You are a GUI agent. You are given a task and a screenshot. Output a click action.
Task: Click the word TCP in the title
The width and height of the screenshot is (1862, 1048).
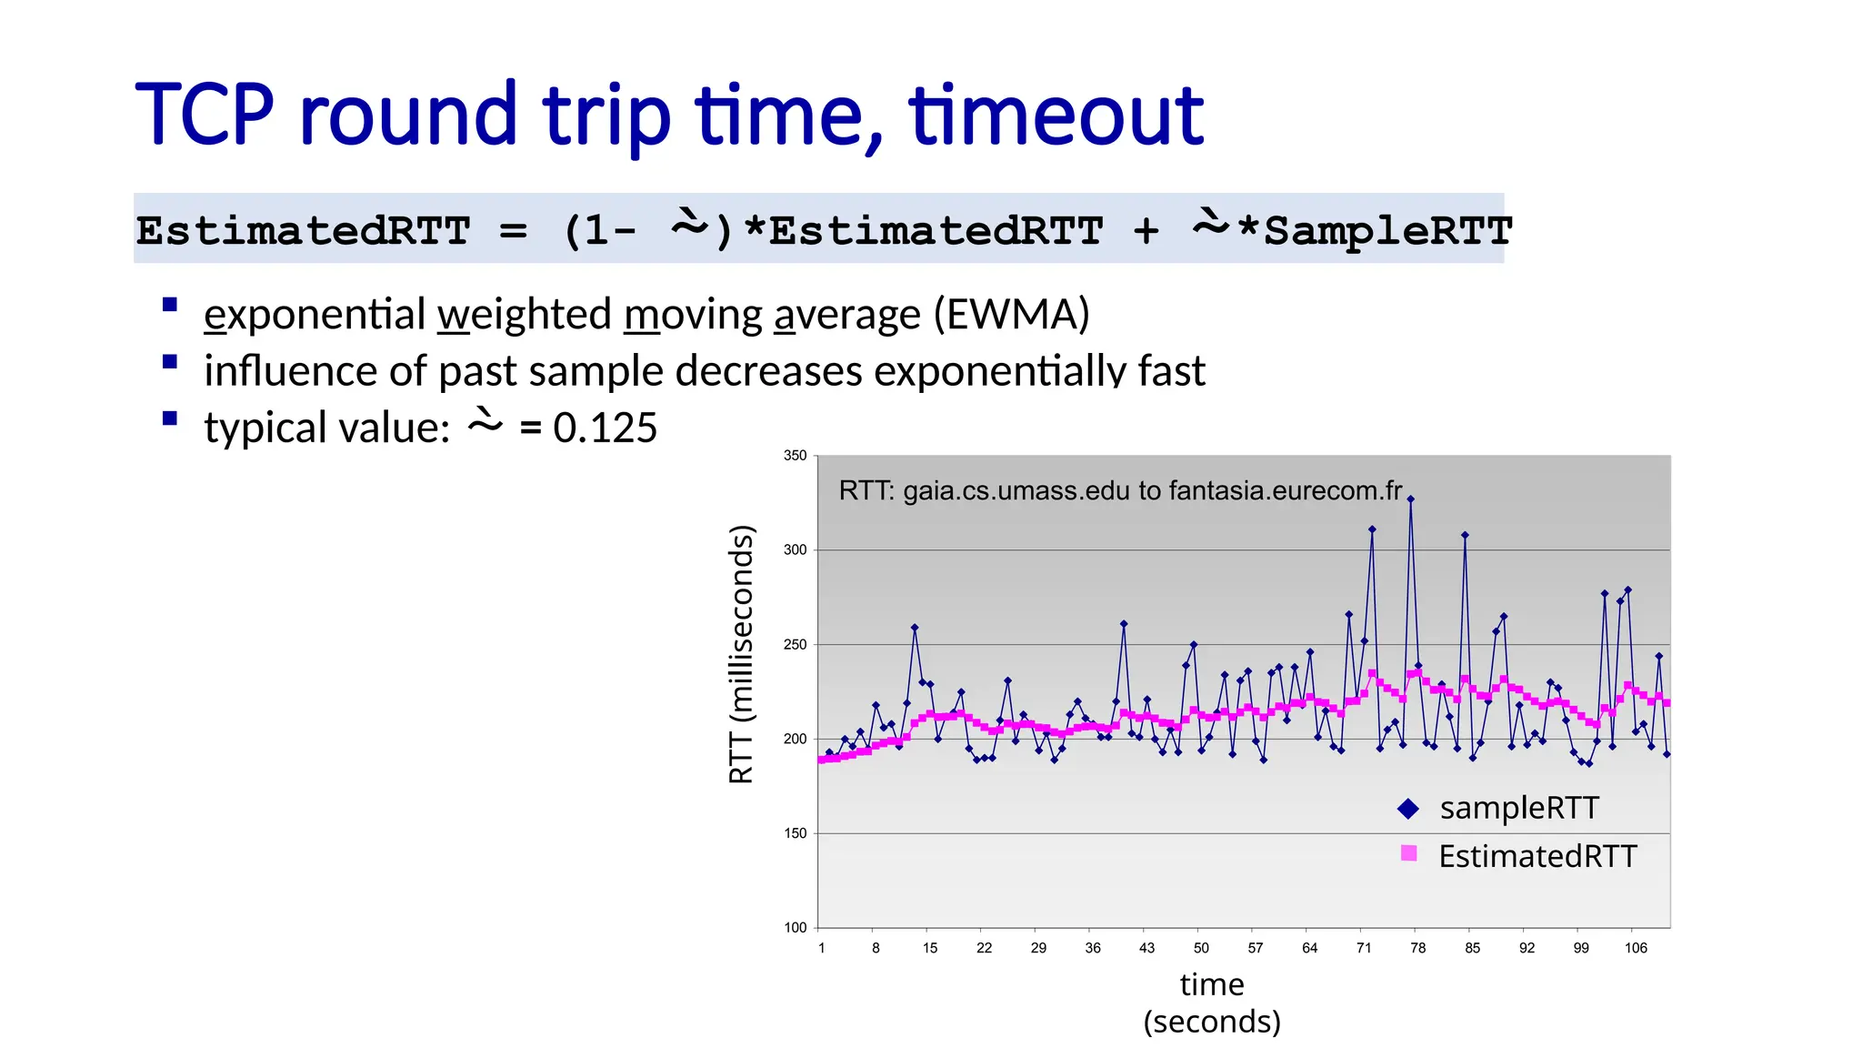coord(205,115)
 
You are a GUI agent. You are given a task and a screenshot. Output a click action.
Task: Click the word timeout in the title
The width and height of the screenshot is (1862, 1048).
coord(1056,115)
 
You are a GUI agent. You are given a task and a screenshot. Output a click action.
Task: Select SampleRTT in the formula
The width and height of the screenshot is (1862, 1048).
coord(1387,230)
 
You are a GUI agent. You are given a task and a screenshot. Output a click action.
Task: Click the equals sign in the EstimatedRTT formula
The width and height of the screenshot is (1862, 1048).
coord(513,230)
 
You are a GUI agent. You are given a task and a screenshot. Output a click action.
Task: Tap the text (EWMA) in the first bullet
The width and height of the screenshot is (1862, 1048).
coord(1011,315)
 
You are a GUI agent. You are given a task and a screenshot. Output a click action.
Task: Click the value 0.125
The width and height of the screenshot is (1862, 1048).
coord(605,428)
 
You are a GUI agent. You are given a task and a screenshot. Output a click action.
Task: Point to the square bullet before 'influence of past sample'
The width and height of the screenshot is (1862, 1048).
coord(169,362)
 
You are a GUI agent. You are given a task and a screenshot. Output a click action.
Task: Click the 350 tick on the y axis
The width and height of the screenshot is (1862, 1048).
coord(795,456)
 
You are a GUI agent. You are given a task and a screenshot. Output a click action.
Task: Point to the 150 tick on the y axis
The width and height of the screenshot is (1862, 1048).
coord(795,833)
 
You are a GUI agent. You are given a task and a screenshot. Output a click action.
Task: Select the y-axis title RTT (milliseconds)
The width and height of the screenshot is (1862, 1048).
coord(742,653)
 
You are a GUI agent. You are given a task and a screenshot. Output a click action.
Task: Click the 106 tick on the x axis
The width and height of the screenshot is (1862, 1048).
coord(1636,948)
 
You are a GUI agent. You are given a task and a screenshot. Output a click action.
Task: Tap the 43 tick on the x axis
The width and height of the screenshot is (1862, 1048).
coord(1146,948)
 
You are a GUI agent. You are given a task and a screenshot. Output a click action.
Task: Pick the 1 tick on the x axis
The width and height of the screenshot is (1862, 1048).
coord(821,948)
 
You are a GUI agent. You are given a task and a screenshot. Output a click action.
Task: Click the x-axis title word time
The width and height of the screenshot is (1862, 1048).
coord(1211,984)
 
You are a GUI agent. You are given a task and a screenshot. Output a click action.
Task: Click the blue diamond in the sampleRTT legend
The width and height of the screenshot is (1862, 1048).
coord(1408,808)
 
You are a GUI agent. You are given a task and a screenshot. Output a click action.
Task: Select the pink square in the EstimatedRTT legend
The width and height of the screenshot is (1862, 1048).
coord(1408,853)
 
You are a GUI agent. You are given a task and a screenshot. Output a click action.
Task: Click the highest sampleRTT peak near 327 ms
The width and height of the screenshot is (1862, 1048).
coord(1411,499)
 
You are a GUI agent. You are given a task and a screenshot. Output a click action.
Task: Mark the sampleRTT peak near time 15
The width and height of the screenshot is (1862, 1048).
coord(915,628)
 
